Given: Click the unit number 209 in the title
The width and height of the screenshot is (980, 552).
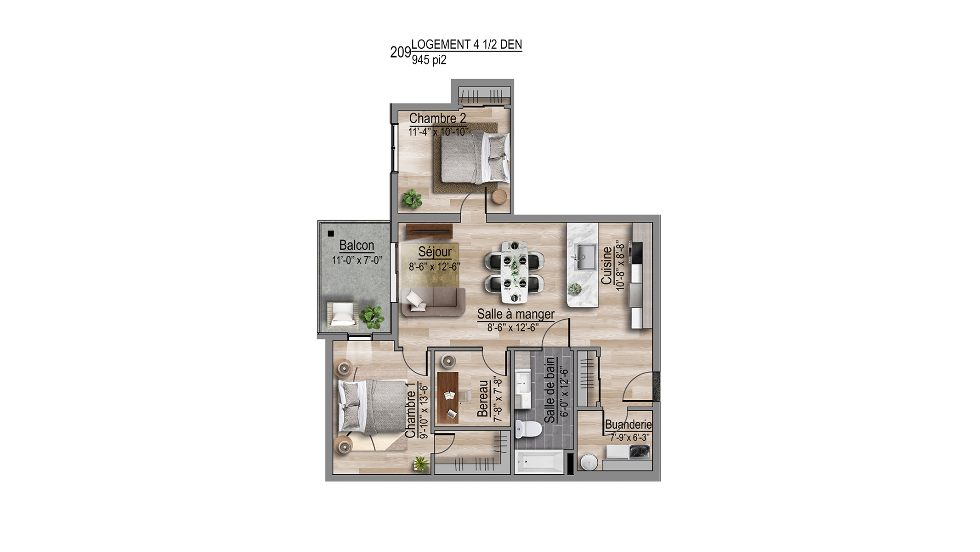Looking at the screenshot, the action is [400, 52].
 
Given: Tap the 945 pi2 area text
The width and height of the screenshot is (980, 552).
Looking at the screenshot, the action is [429, 60].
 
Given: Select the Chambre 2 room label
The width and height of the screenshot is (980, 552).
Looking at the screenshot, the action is [437, 118].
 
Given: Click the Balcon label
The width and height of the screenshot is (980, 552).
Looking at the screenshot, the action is [357, 245].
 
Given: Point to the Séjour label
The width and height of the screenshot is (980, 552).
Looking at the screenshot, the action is [435, 252].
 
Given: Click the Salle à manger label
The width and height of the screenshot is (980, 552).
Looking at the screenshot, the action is [515, 314].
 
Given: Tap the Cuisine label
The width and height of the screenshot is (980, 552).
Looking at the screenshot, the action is [606, 265].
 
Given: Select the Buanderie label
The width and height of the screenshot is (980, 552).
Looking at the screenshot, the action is [628, 425].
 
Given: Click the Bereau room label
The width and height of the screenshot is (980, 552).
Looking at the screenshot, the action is [482, 398].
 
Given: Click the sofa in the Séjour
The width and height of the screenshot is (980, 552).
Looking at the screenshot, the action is [433, 302].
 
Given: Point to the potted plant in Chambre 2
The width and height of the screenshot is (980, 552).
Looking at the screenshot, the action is [412, 199].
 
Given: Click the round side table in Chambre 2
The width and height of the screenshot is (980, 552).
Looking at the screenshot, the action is [499, 196].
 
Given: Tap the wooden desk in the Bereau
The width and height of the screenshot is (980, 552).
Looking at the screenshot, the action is [448, 397].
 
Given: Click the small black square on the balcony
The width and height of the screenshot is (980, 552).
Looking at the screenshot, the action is [331, 234].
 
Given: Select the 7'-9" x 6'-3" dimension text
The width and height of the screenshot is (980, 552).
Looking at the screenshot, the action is [629, 437].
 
